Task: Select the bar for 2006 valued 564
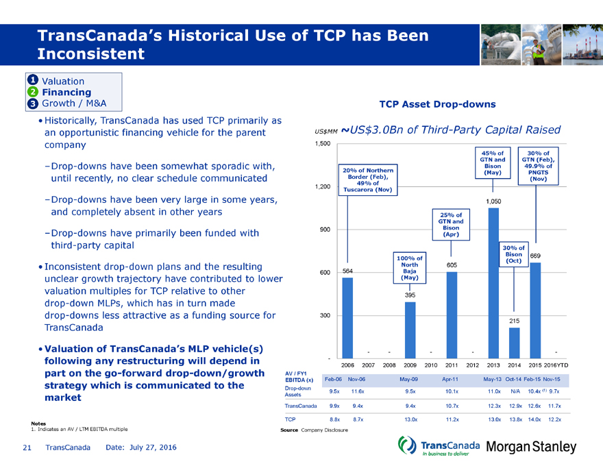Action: click(x=347, y=318)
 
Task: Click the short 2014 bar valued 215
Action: click(x=514, y=343)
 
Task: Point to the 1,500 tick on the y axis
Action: click(x=321, y=143)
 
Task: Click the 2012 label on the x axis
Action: click(x=472, y=365)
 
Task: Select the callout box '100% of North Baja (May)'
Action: click(x=410, y=267)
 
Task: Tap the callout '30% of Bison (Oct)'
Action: click(x=513, y=254)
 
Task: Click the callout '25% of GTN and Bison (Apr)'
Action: click(x=452, y=223)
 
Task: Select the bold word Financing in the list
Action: click(x=66, y=92)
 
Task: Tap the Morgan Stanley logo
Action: click(x=532, y=446)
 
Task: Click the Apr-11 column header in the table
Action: click(x=450, y=379)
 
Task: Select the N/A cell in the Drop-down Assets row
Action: click(x=514, y=391)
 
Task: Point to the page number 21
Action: click(x=27, y=447)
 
